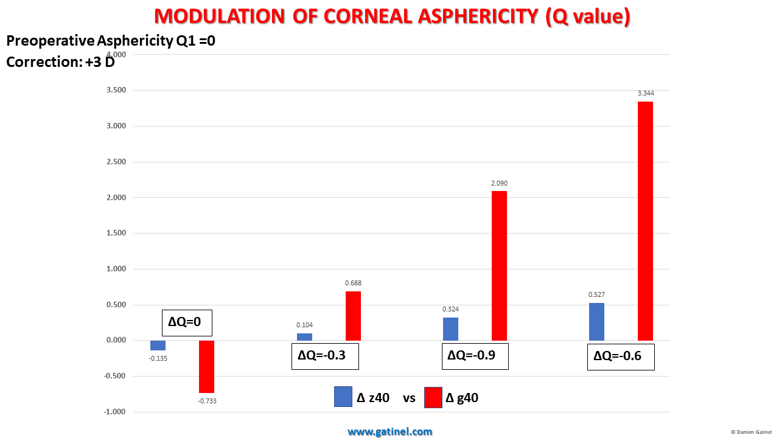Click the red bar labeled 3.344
point(645,221)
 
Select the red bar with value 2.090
point(499,265)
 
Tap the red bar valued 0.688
point(353,316)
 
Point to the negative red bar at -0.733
point(207,366)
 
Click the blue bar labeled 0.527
point(596,322)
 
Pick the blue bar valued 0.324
point(450,328)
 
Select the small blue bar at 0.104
point(304,336)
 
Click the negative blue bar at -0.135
point(158,345)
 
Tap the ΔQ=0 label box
point(187,323)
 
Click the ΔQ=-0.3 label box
point(325,356)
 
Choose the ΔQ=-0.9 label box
point(475,356)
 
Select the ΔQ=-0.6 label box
point(621,357)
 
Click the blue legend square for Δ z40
point(343,397)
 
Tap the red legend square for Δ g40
point(433,397)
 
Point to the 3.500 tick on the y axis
point(116,91)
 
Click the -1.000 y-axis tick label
point(114,412)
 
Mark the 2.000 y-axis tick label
point(116,198)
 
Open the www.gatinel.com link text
point(390,432)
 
